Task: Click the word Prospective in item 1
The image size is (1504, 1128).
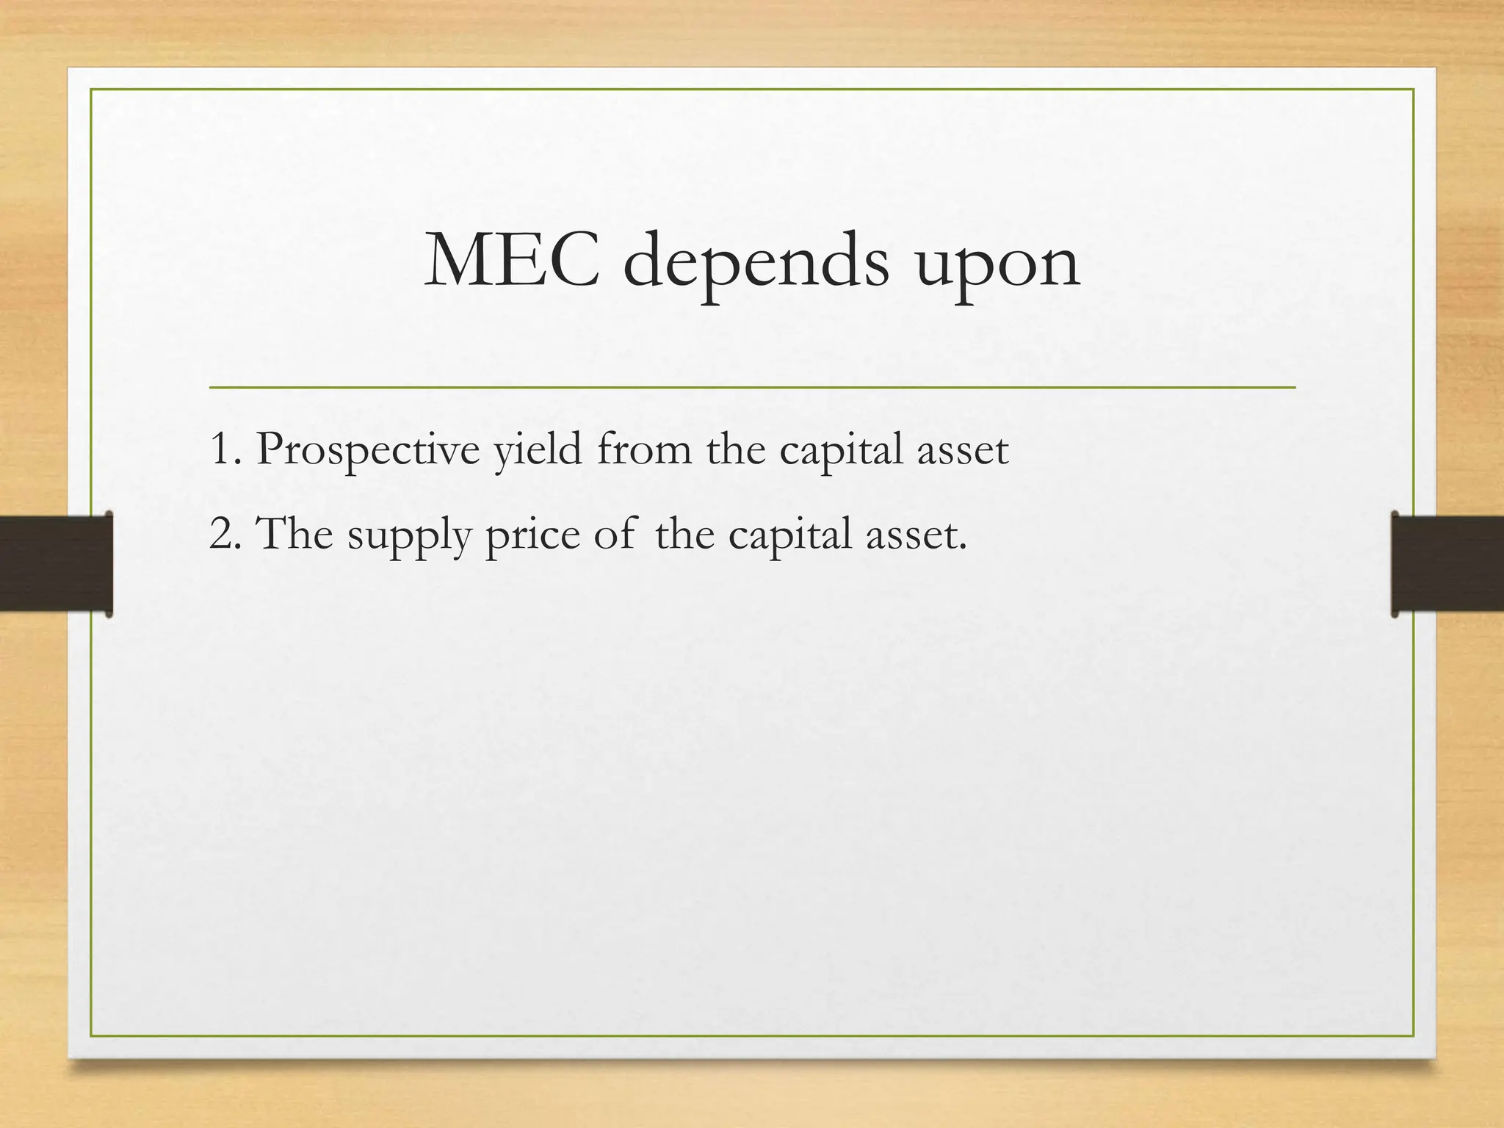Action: tap(368, 449)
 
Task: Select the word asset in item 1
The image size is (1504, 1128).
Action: tap(963, 449)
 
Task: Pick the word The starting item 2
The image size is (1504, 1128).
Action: tap(296, 533)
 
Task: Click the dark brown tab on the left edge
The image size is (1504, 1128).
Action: tap(56, 563)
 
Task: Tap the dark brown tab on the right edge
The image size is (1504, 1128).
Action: tap(1447, 563)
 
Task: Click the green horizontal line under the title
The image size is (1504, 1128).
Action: tap(752, 386)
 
